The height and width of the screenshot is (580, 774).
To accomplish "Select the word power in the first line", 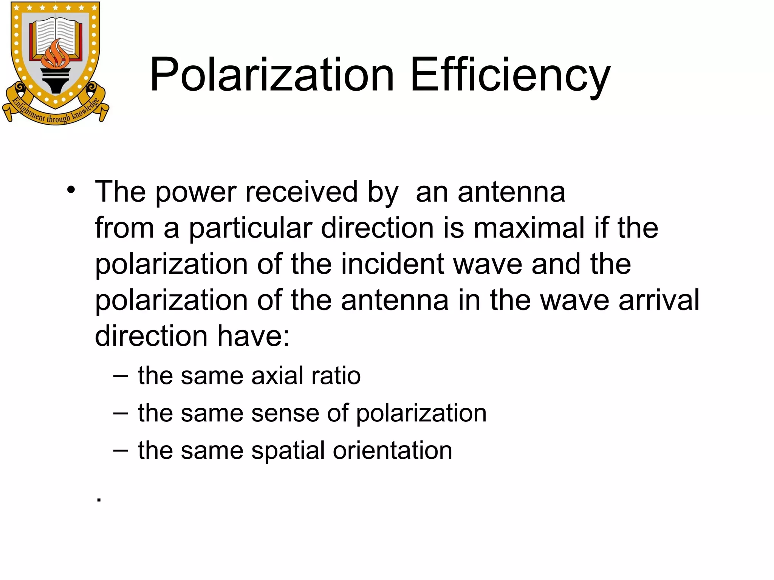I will pyautogui.click(x=196, y=192).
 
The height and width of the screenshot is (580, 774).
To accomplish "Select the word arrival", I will pyautogui.click(x=659, y=300).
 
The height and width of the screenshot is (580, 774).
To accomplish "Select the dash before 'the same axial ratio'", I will pyautogui.click(x=121, y=376).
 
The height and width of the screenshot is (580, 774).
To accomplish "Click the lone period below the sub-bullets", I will pyautogui.click(x=99, y=500).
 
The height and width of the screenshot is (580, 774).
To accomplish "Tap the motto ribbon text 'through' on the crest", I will pyautogui.click(x=58, y=119).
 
